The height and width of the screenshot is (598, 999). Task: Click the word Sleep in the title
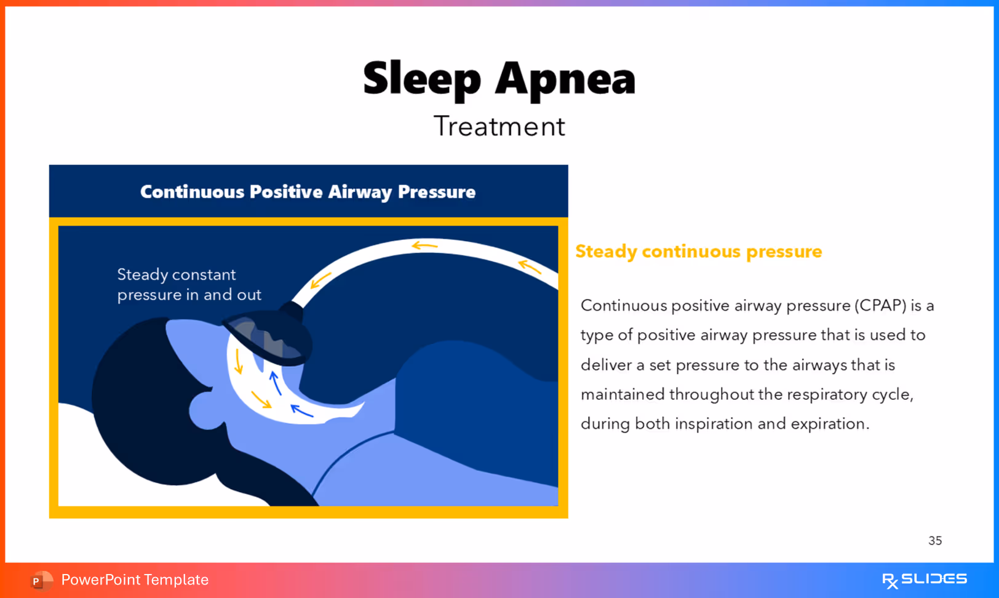point(422,79)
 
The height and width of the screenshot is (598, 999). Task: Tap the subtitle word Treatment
point(499,127)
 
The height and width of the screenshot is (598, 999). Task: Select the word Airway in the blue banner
point(360,192)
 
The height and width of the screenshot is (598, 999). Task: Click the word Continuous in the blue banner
point(192,192)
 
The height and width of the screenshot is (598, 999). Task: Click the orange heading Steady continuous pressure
point(698,252)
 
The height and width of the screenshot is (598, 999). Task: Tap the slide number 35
point(934,541)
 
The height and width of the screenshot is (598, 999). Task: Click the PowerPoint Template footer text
point(135,580)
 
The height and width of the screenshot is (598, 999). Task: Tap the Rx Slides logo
point(924,580)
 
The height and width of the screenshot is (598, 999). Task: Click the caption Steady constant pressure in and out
point(189,284)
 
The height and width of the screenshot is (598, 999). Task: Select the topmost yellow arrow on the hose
point(424,246)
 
